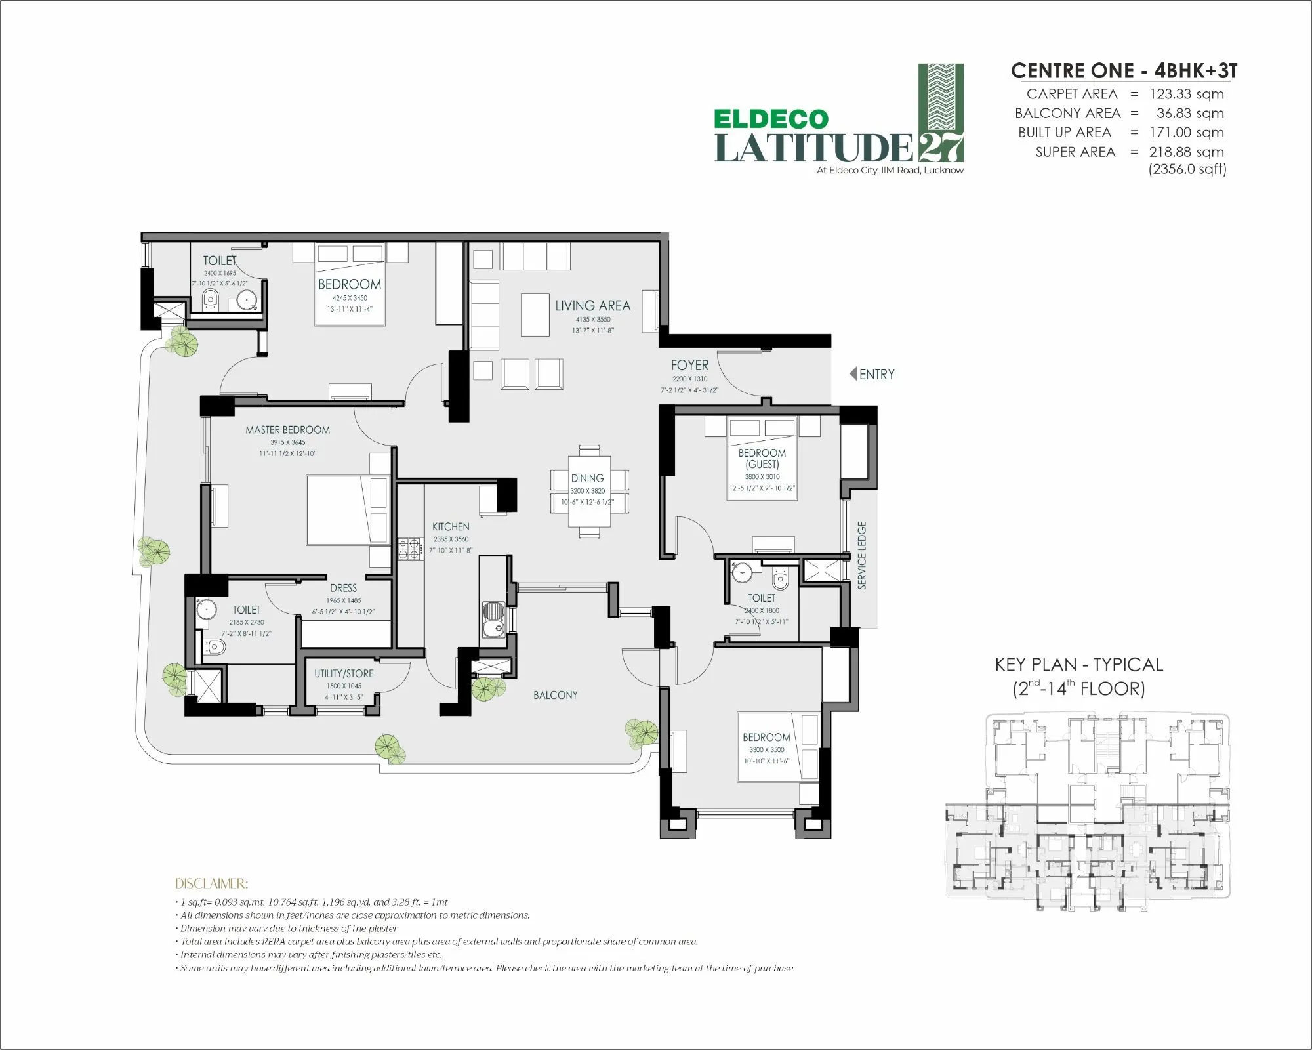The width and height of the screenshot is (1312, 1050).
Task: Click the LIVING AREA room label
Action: pyautogui.click(x=592, y=306)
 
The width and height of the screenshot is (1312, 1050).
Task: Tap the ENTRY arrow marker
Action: pyautogui.click(x=853, y=373)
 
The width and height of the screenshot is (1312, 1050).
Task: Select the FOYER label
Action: pyautogui.click(x=689, y=365)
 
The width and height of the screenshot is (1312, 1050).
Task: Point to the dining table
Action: pyautogui.click(x=589, y=490)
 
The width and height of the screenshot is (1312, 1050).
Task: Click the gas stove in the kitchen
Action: pyautogui.click(x=410, y=549)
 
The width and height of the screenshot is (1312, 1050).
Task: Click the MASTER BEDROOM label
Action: pyautogui.click(x=287, y=430)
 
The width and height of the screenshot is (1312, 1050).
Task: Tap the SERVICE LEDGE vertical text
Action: pyautogui.click(x=862, y=555)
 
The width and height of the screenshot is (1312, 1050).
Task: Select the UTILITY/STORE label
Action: pyautogui.click(x=344, y=673)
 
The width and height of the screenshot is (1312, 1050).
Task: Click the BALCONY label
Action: pyautogui.click(x=555, y=695)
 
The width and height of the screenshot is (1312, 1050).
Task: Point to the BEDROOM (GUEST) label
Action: pyautogui.click(x=762, y=458)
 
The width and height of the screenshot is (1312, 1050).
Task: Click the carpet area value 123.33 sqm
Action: pyautogui.click(x=1186, y=94)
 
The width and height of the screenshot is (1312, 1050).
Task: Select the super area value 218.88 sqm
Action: pyautogui.click(x=1186, y=152)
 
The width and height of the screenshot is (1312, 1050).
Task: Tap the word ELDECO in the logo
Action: pyautogui.click(x=771, y=119)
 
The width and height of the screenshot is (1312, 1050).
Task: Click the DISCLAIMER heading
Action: pyautogui.click(x=211, y=883)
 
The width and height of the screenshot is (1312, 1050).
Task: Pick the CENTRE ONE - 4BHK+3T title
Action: pyautogui.click(x=1124, y=71)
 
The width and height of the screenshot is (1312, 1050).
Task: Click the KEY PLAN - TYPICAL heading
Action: pyautogui.click(x=1078, y=665)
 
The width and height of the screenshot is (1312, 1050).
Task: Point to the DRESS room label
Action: pyautogui.click(x=343, y=588)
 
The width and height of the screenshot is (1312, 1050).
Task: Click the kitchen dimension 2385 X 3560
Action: pyautogui.click(x=451, y=539)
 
